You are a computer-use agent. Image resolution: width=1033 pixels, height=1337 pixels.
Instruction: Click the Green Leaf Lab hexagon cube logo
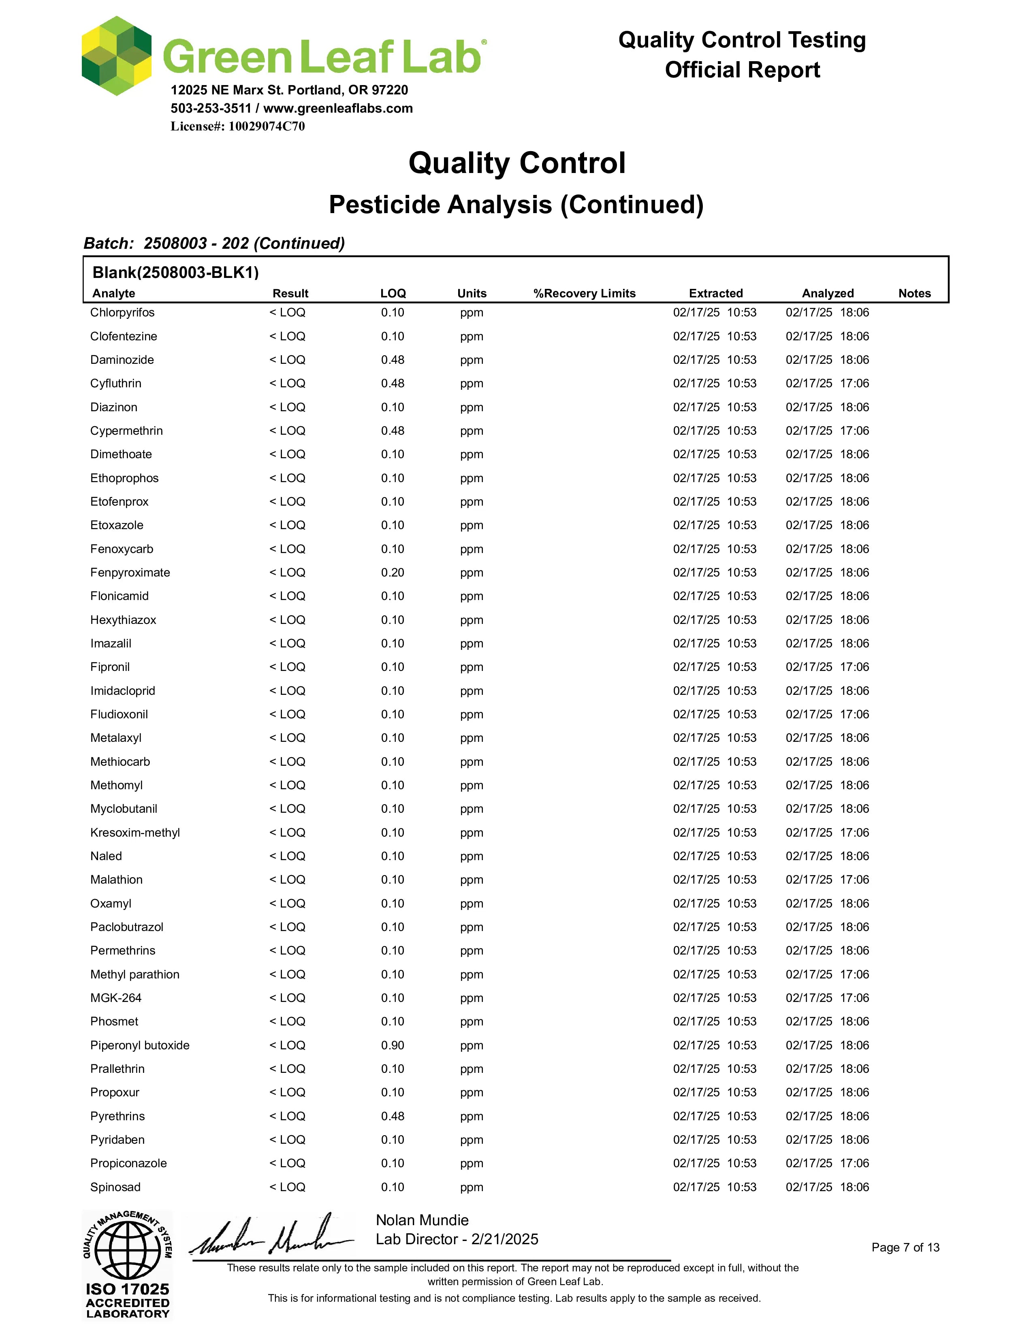pos(116,56)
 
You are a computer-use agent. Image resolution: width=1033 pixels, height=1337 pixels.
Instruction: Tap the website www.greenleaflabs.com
pos(338,108)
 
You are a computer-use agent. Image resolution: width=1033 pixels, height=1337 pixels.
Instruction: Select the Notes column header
pos(914,293)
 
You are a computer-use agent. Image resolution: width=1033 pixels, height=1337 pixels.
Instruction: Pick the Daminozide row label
pos(122,360)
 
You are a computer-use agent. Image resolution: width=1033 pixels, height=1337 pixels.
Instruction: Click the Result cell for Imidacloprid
pos(287,690)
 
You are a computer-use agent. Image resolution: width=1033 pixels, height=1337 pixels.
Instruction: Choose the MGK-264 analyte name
pos(116,998)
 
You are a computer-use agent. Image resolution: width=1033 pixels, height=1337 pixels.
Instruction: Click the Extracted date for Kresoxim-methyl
pos(714,833)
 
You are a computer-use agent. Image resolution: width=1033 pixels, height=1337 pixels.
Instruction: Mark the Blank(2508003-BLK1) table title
pos(176,272)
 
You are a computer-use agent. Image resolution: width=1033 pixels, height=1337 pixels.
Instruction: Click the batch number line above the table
pos(214,243)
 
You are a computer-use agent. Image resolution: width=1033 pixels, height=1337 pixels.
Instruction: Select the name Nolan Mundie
pos(422,1220)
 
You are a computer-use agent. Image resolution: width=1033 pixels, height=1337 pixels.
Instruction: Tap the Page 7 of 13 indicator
pos(905,1247)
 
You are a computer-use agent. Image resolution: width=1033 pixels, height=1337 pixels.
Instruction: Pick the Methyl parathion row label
pos(134,974)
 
